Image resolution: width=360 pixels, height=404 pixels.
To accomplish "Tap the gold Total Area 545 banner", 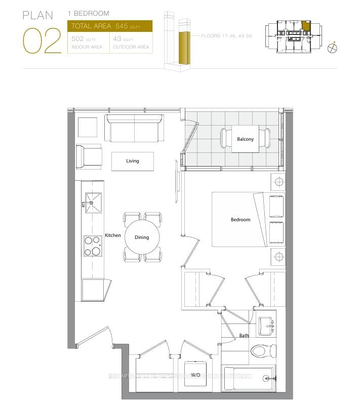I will [x=109, y=26].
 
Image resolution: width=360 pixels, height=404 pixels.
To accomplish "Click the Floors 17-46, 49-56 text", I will [x=226, y=36].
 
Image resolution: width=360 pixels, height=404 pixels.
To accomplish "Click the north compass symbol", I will [x=332, y=48].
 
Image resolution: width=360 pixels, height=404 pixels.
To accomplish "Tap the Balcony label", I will [x=245, y=139].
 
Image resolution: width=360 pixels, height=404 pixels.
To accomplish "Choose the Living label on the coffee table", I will [x=133, y=161].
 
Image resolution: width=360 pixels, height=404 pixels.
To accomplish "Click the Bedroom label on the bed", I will [x=241, y=220].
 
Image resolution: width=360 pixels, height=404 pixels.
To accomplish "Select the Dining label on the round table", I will [x=142, y=237].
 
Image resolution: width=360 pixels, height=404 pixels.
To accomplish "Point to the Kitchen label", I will [x=113, y=235].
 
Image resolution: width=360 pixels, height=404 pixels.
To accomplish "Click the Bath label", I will [x=244, y=336].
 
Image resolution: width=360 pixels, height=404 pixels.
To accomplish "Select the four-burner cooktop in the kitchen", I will [x=92, y=246].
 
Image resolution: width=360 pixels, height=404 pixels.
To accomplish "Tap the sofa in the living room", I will [x=134, y=129].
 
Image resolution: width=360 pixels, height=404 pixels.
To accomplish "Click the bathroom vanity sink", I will [x=266, y=326].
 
